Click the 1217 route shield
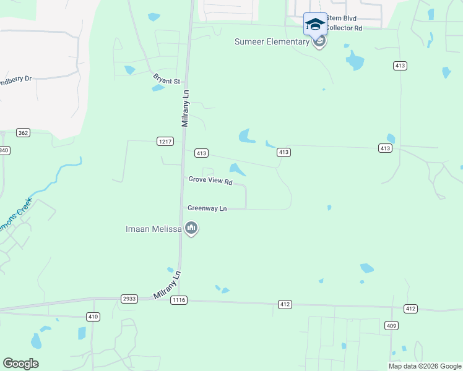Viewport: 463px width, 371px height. point(164,142)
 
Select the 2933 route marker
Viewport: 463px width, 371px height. point(129,299)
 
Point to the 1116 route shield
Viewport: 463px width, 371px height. point(179,301)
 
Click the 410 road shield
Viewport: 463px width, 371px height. point(93,317)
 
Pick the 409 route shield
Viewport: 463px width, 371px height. point(391,325)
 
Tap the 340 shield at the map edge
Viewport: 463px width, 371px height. point(4,150)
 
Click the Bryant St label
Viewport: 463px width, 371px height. point(167,80)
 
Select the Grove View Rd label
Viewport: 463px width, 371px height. point(210,181)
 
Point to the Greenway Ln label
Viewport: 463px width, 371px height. point(207,209)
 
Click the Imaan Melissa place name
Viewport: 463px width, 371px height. point(153,229)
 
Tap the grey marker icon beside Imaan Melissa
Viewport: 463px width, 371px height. point(191,229)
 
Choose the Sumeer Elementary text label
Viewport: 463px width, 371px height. point(271,41)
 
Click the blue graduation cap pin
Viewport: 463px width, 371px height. point(315,25)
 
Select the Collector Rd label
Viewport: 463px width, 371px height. point(344,28)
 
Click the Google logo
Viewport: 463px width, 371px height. point(20,364)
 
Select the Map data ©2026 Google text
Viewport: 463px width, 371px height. point(425,366)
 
